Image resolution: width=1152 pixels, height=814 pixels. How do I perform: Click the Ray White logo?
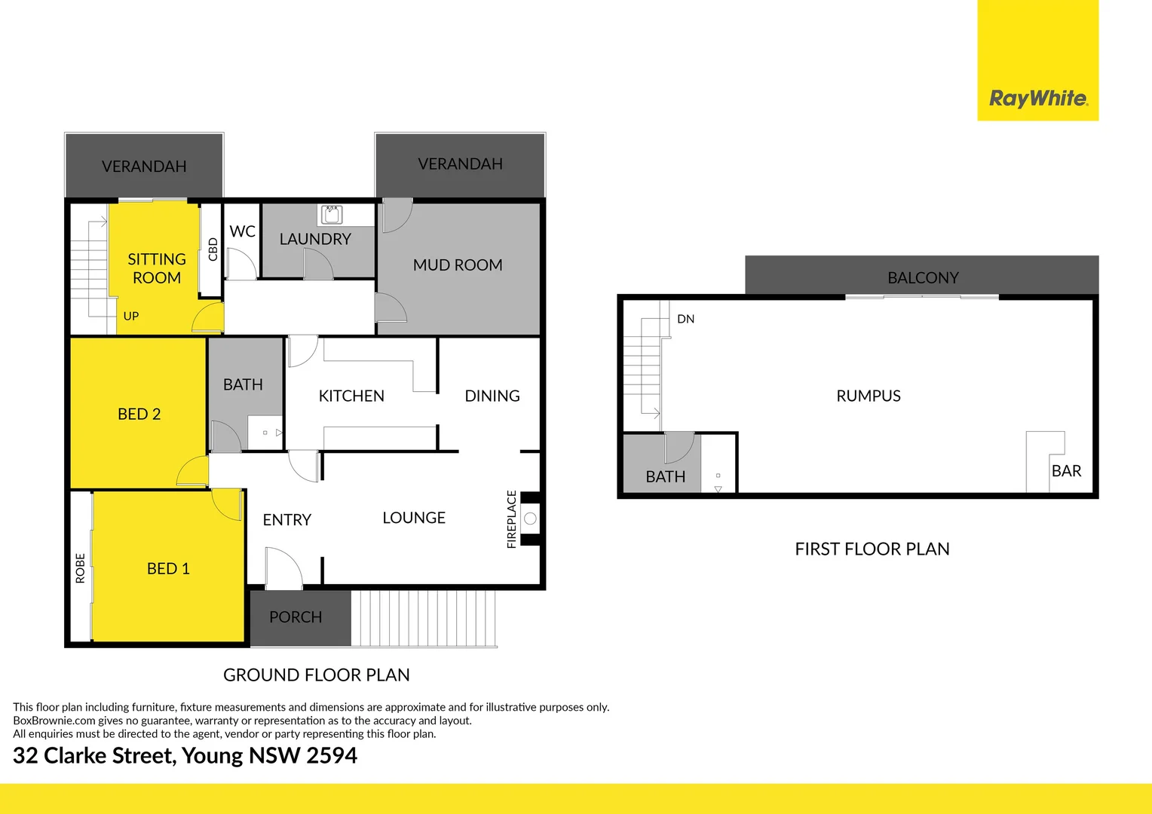pos(1037,98)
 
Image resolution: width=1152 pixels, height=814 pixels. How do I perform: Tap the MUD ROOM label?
pos(458,265)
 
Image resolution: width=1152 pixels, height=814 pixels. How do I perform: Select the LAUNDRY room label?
pos(315,239)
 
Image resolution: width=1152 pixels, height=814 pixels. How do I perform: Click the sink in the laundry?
pos(331,214)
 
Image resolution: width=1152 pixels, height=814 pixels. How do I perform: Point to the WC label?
pos(242,231)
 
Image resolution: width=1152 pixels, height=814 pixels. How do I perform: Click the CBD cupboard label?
pos(213,249)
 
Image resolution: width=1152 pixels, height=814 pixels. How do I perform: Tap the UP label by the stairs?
pos(131,317)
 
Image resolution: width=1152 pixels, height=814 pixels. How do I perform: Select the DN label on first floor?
pos(685,319)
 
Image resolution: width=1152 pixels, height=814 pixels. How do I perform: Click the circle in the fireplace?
pos(530,519)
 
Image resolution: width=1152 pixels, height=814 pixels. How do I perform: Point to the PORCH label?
pos(296,617)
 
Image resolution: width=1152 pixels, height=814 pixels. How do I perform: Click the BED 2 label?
pos(139,414)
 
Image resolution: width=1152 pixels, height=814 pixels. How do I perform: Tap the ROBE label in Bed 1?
pos(81,568)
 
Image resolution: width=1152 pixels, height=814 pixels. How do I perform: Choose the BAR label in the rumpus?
pos(1066,471)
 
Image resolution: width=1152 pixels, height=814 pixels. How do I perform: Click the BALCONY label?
pos(923,278)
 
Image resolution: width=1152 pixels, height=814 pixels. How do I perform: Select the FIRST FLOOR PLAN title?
pos(872,549)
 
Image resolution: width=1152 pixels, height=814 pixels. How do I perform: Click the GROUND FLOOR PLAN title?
pos(316,675)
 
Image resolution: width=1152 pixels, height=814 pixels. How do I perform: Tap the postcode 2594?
pos(332,755)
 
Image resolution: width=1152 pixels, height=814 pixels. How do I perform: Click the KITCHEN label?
pos(351,396)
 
